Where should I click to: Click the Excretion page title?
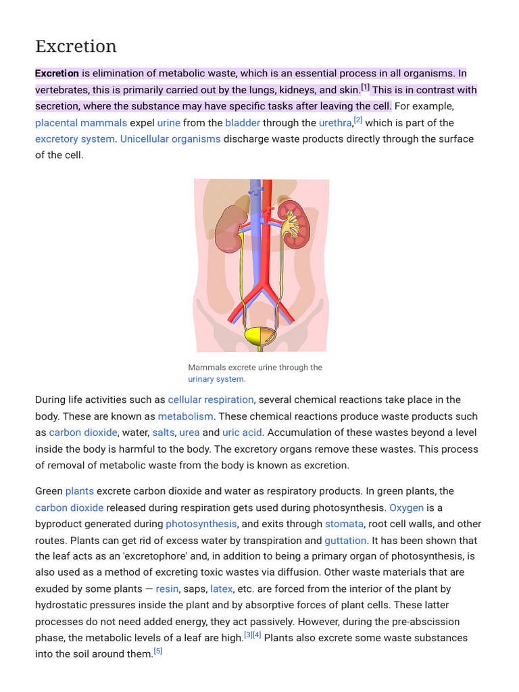coord(76,46)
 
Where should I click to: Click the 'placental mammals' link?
coord(81,123)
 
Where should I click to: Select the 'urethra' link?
coord(335,123)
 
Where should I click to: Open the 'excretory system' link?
coord(75,139)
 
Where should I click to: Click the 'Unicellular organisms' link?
coord(170,139)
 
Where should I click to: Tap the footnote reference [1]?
coord(365,88)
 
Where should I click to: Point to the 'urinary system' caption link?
coord(216,379)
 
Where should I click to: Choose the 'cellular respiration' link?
coord(211,400)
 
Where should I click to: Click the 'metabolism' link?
coord(185,416)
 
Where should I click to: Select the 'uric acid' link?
coord(242,432)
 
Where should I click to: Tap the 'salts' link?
coord(164,432)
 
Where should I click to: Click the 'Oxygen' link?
coord(407,508)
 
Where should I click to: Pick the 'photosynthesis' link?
coord(201,524)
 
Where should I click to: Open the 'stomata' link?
coord(344,524)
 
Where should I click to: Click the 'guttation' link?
coord(345,541)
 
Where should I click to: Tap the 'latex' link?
coord(222,589)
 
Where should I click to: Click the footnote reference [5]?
coord(158,652)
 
